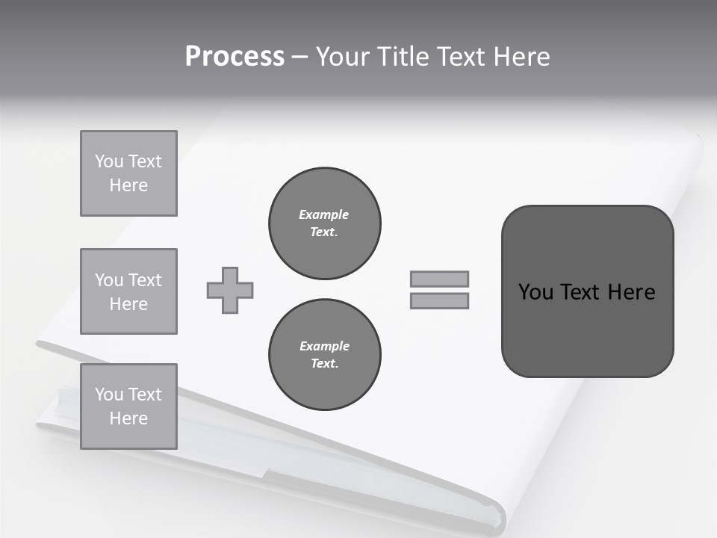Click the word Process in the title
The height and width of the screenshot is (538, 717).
pos(235,57)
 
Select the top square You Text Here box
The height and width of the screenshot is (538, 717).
pos(128,173)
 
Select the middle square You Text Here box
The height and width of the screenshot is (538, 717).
pos(128,291)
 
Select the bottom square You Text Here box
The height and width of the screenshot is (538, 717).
pos(128,406)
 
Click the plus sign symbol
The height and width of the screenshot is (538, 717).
pos(230,290)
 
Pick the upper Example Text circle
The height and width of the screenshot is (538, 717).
pos(324,223)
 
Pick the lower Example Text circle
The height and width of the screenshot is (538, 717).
pos(324,354)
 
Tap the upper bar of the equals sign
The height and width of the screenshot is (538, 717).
pos(439,279)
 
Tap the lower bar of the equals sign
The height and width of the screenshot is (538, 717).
pos(439,300)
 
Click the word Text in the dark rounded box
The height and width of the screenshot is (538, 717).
pos(580,292)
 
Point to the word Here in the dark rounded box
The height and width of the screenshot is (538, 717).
pos(631,292)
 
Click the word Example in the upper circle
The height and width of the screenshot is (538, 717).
pos(324,214)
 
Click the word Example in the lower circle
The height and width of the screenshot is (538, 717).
pos(324,346)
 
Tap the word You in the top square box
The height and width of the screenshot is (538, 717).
pos(109,161)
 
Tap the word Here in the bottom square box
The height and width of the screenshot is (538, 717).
pos(128,418)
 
